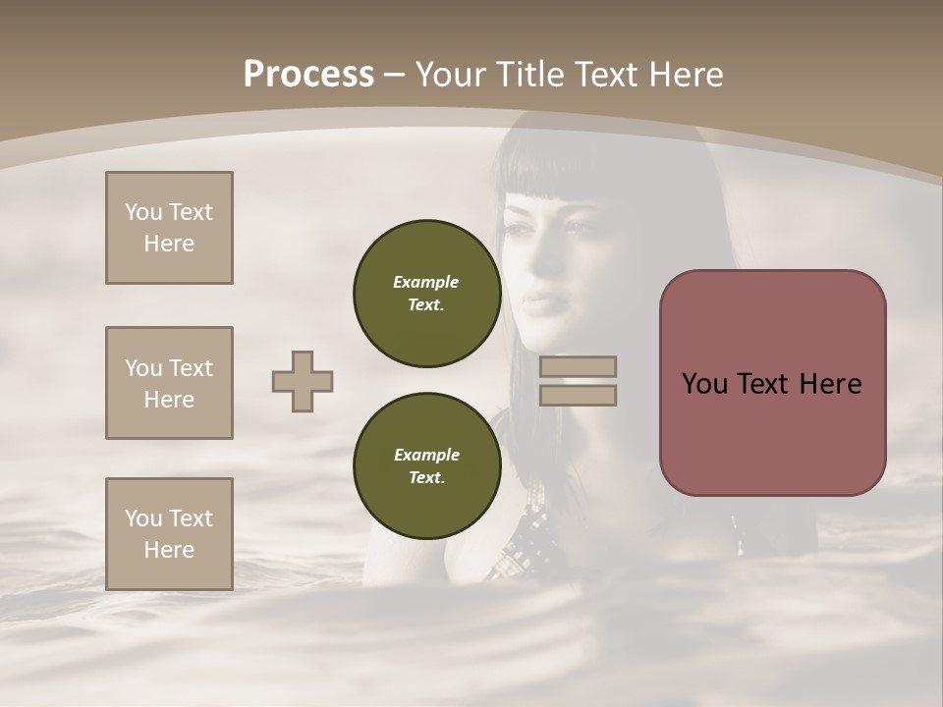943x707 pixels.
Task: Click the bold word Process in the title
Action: coord(308,75)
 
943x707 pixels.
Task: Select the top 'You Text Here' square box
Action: coord(169,228)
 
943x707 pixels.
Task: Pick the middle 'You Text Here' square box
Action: coord(169,383)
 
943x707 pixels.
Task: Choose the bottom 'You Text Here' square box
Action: coord(169,534)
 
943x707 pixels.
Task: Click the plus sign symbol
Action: coord(303,381)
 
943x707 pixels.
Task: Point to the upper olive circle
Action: coord(426,294)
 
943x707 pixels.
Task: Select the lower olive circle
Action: coord(426,466)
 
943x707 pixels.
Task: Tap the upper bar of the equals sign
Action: coord(578,366)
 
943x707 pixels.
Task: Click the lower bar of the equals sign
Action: coord(578,395)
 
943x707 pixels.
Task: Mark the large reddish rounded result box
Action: coord(772,383)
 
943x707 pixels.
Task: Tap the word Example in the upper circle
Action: coord(426,282)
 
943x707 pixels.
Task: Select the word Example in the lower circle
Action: coord(426,455)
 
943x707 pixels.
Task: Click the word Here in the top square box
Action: coord(169,244)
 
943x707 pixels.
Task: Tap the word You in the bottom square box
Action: coord(142,518)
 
